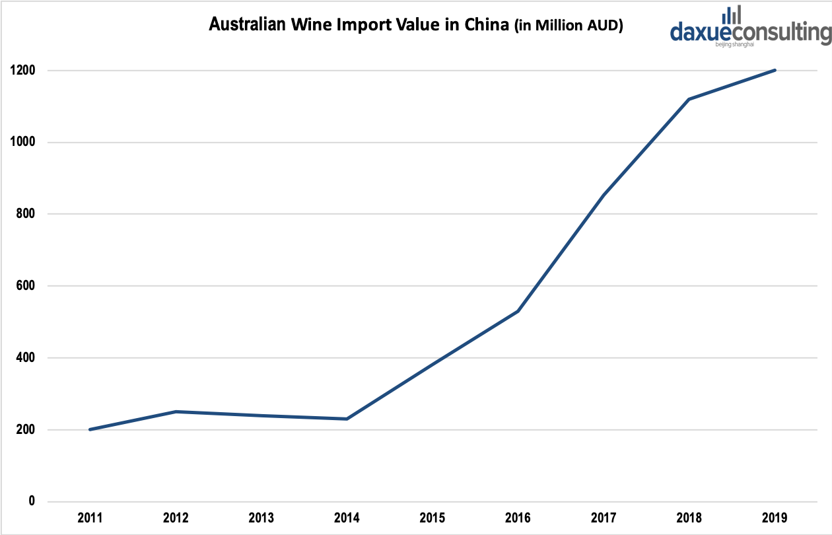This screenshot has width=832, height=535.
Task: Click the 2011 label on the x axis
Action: click(x=89, y=518)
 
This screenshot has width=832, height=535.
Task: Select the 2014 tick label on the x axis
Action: click(x=347, y=518)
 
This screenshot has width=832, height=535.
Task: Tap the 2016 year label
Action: click(x=518, y=518)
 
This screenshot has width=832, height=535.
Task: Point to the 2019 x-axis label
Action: click(x=775, y=518)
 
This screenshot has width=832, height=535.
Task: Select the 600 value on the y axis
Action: click(x=27, y=286)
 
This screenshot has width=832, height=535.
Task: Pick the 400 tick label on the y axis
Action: click(x=27, y=358)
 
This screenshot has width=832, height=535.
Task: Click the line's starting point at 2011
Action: click(x=89, y=429)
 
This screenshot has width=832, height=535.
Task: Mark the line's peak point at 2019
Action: click(x=775, y=70)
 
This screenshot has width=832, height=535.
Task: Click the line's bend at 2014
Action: click(x=347, y=419)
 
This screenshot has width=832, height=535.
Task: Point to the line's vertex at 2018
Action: click(x=689, y=99)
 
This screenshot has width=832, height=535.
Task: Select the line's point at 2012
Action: click(x=175, y=411)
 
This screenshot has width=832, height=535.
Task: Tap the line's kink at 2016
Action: click(x=518, y=311)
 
